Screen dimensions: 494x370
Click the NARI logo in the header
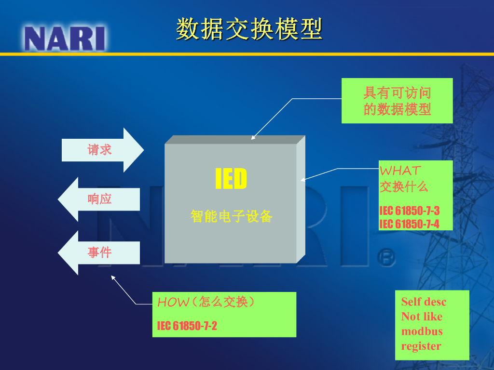tap(65, 39)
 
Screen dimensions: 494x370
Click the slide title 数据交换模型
tap(249, 29)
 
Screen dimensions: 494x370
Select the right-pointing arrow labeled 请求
tap(103, 150)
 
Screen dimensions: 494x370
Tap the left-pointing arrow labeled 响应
tap(99, 199)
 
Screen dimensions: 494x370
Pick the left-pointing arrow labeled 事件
tap(99, 252)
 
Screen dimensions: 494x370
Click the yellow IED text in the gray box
tap(231, 178)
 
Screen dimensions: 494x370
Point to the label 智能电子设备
tap(231, 216)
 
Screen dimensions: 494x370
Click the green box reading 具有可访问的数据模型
tap(397, 101)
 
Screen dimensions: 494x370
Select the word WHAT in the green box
tap(400, 171)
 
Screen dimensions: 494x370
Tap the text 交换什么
tap(404, 186)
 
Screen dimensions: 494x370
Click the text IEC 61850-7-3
tap(409, 211)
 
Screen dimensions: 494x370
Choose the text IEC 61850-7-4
tap(409, 224)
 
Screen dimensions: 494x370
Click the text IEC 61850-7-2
tap(187, 326)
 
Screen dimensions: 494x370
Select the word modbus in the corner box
tap(422, 331)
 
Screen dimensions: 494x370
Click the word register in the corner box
tap(421, 346)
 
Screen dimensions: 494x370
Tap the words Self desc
tap(424, 302)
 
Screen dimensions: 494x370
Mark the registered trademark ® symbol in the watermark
tap(386, 258)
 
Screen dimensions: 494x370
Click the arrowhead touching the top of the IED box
tap(253, 137)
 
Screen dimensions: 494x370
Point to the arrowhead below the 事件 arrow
tap(113, 277)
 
